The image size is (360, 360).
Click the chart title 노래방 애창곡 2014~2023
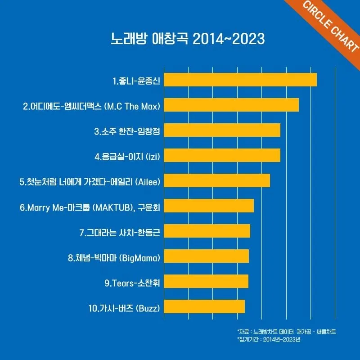pos(188,38)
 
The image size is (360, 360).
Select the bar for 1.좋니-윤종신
pos(240,79)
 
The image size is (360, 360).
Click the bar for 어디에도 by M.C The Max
pos(231,104)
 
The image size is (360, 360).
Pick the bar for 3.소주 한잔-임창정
pos(222,130)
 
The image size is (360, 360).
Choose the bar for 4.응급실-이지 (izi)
pos(222,155)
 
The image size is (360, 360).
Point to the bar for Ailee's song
pos(217,180)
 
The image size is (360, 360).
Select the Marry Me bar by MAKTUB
pos(209,206)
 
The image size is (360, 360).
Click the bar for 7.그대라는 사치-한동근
pos(207,231)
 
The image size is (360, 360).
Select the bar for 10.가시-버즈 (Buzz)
pos(204,306)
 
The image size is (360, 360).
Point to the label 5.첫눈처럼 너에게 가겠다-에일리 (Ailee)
pos(90,182)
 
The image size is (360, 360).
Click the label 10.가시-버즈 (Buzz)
pos(124,308)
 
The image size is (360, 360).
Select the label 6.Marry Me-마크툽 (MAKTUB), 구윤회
pos(90,207)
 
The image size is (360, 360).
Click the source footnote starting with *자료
pos(286,332)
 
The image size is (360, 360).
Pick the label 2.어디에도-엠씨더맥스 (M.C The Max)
pos(92,106)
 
